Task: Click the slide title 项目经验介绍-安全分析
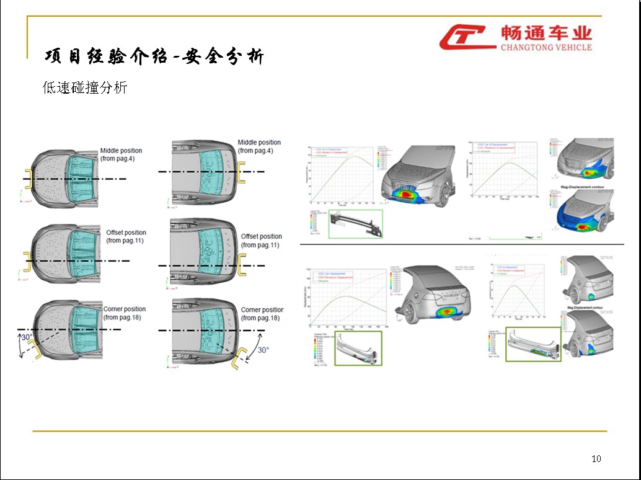(154, 56)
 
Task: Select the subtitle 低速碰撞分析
(85, 88)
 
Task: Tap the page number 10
(596, 459)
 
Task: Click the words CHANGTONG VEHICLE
(546, 47)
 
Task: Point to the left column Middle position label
(121, 154)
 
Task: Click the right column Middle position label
(259, 146)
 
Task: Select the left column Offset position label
(126, 236)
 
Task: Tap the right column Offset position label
(261, 241)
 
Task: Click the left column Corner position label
(124, 313)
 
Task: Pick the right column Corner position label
(261, 314)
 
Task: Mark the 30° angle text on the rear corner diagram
(263, 350)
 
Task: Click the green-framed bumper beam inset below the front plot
(355, 223)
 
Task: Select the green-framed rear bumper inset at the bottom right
(533, 344)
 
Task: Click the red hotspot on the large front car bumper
(407, 194)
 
